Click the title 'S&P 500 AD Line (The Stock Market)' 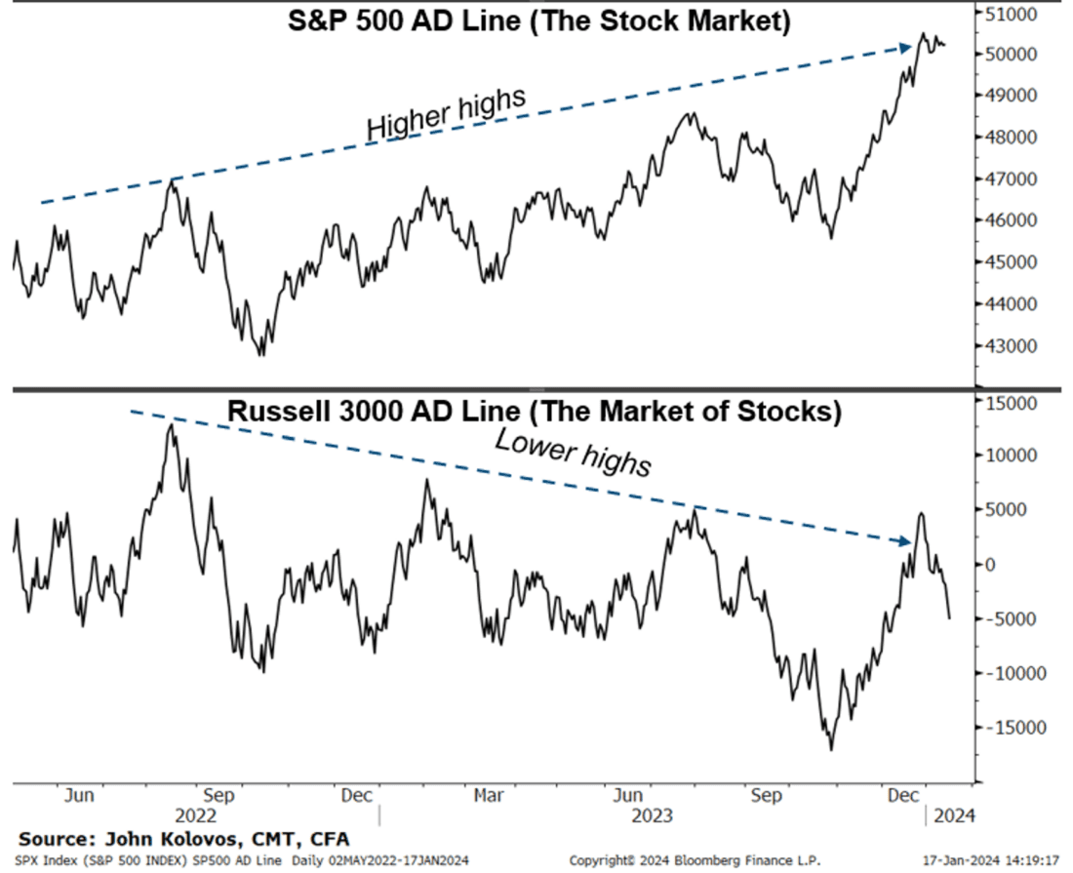click(538, 21)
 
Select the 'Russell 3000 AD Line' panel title click(534, 412)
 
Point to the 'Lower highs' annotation click(573, 453)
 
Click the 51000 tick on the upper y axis click(1011, 14)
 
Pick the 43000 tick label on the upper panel click(1011, 346)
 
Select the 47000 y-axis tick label click(1011, 179)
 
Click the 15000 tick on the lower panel click(1011, 402)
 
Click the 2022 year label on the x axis click(195, 813)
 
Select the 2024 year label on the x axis click(953, 813)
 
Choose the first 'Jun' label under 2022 click(79, 795)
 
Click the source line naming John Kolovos click(183, 839)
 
